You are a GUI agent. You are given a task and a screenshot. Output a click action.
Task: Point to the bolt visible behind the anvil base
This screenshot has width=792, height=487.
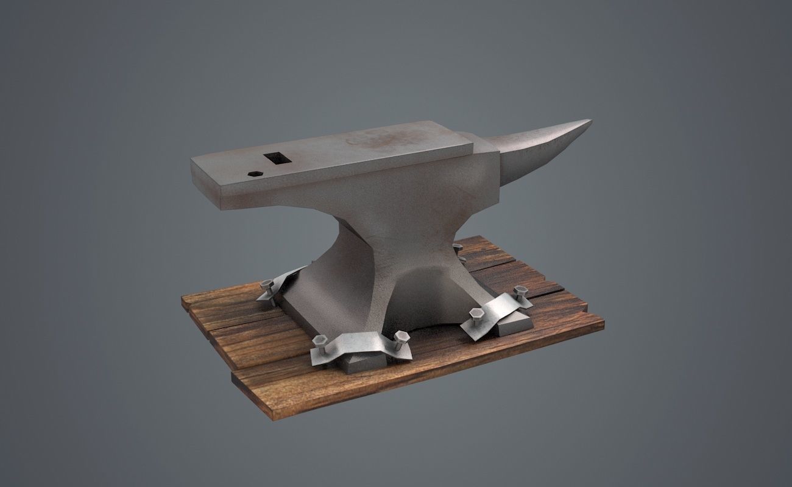tap(458, 248)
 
